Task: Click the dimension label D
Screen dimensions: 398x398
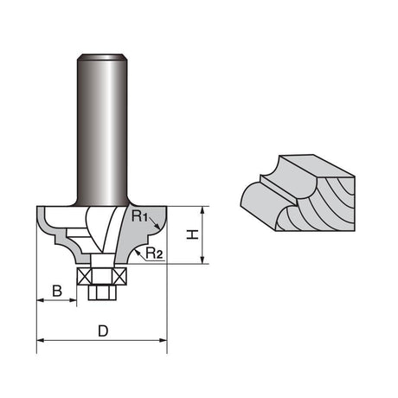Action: [x=103, y=331]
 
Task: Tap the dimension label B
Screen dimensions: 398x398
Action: [x=57, y=291]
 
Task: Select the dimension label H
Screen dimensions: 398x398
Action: [x=192, y=234]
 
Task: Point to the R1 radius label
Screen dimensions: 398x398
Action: [x=139, y=216]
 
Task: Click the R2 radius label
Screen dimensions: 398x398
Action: [x=154, y=253]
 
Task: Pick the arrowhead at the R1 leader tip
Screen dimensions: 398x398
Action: [x=157, y=227]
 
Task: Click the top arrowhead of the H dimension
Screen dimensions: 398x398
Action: [x=202, y=210]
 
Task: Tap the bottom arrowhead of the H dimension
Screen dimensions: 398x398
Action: [x=202, y=260]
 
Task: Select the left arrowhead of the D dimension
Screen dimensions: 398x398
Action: [x=41, y=340]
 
